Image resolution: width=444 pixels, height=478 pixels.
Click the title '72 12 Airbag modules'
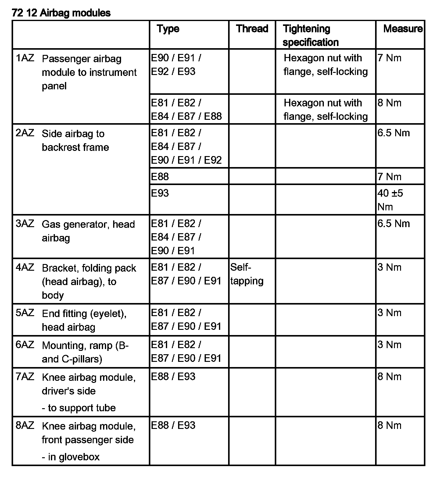pos(61,13)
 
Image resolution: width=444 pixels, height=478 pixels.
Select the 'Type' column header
pos(168,29)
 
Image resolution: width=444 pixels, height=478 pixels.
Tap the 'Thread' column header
pos(252,29)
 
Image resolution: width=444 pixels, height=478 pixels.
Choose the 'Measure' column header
pos(403,29)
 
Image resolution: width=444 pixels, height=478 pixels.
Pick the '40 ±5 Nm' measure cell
pos(390,200)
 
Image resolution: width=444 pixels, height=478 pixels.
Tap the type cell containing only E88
pos(160,177)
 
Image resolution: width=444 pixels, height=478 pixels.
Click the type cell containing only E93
pos(160,193)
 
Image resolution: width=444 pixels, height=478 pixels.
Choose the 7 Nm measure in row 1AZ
pos(389,58)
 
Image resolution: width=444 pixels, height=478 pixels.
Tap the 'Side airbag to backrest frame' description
pos(75,140)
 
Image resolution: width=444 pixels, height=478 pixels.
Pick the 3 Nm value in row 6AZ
pos(389,345)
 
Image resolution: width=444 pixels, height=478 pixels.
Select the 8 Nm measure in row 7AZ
pos(389,377)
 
